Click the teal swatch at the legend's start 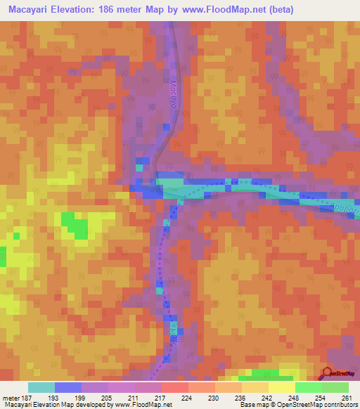pyautogui.click(x=41, y=387)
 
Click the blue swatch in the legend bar pyautogui.click(x=68, y=387)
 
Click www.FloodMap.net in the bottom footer pyautogui.click(x=146, y=405)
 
